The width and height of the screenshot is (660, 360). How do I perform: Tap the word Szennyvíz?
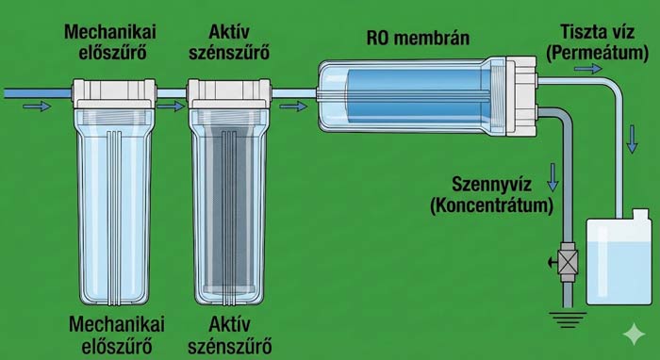[x=509, y=184]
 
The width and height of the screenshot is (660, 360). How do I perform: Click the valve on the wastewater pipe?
[x=568, y=260]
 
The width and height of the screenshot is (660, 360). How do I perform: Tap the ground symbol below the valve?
[x=567, y=319]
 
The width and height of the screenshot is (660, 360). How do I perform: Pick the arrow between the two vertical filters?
[x=170, y=106]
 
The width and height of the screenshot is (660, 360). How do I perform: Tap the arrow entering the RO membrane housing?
[x=294, y=106]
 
